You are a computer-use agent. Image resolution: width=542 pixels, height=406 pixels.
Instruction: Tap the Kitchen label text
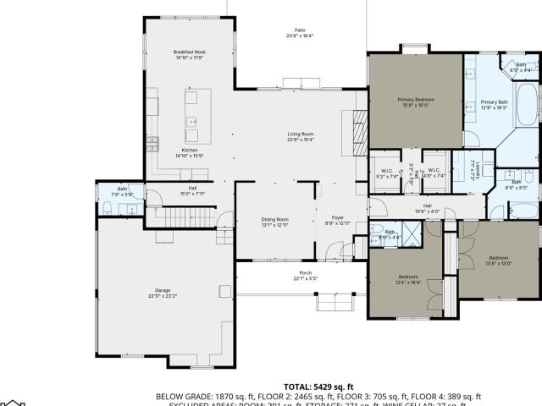pos(190,153)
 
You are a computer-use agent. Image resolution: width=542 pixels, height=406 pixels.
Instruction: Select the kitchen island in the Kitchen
pos(191,116)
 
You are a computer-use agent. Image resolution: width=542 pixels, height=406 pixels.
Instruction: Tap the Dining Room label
pos(275,222)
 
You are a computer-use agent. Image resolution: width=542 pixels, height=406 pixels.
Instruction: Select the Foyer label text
pos(337,222)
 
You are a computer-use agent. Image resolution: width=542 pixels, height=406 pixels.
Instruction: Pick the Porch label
pos(306,275)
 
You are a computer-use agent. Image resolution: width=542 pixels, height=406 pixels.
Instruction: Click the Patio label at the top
pos(300,33)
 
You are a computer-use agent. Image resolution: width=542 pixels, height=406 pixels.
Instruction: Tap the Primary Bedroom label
pos(416,102)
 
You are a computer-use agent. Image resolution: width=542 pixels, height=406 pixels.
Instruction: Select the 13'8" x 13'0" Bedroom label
pos(498,261)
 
